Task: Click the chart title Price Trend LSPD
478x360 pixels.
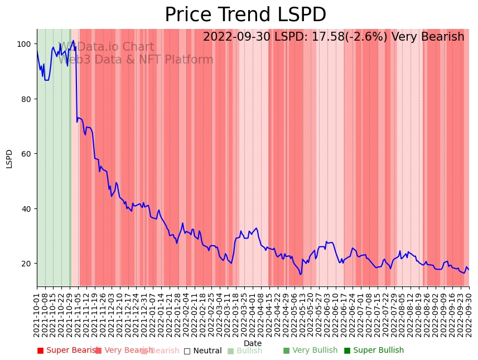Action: pyautogui.click(x=245, y=15)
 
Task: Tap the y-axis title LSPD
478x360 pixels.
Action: pyautogui.click(x=9, y=158)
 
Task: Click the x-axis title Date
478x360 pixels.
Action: pyautogui.click(x=253, y=343)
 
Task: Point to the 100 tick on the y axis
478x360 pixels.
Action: pyautogui.click(x=25, y=44)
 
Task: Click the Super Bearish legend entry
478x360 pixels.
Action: pyautogui.click(x=67, y=351)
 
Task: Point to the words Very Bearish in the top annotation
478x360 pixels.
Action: pyautogui.click(x=428, y=37)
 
